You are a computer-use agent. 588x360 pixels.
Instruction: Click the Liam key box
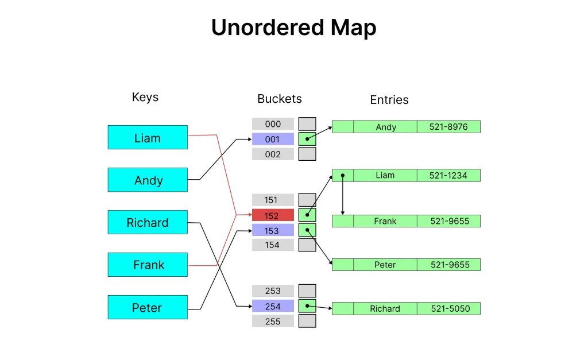148,138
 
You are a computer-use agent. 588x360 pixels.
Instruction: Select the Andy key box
148,180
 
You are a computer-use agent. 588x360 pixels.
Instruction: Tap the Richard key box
148,223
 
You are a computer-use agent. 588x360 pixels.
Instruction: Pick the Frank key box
148,265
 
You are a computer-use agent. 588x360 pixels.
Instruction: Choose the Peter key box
148,308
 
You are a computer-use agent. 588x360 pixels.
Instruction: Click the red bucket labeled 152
273,216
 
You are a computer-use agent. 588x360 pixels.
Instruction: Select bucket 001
273,139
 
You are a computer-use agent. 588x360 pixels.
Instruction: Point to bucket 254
273,306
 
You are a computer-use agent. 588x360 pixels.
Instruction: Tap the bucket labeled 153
273,231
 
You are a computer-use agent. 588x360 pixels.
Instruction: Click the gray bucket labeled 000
273,124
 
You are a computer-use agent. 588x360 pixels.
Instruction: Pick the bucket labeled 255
273,322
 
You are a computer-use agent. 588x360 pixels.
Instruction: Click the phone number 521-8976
448,127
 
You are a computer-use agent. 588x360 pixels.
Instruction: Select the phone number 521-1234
448,175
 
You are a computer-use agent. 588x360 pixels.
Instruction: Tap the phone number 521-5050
448,309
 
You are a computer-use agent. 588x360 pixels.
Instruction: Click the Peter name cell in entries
385,265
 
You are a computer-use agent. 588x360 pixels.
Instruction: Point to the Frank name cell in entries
385,221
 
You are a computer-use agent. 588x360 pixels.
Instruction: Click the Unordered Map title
293,28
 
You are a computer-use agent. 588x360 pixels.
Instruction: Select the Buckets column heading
279,99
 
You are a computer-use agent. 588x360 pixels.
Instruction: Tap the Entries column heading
389,100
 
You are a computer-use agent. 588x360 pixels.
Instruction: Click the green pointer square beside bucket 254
307,306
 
